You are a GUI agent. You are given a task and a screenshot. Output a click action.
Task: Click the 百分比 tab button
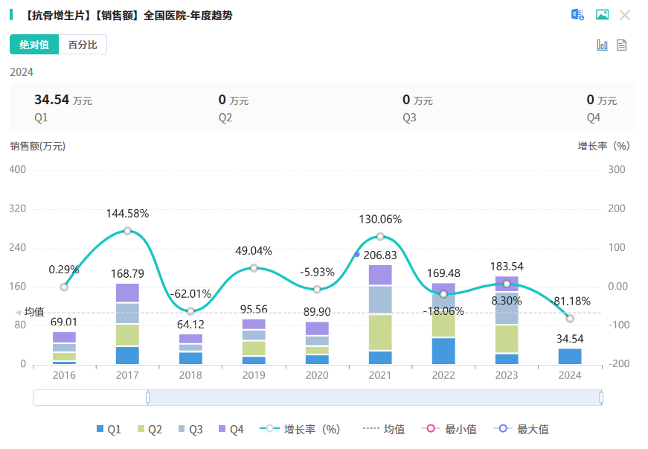click(x=83, y=45)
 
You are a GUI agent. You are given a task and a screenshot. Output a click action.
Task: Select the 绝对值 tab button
click(x=34, y=45)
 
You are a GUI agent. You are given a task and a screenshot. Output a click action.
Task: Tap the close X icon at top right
click(x=625, y=15)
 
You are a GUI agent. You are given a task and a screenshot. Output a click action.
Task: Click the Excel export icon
click(x=577, y=15)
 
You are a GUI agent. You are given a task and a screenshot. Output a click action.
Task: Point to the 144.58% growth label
click(x=127, y=214)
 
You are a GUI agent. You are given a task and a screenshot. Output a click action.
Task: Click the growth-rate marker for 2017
click(x=127, y=231)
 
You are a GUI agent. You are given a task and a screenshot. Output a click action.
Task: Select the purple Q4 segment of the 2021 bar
click(x=380, y=275)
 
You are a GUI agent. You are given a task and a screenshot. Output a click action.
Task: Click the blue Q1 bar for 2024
click(x=570, y=356)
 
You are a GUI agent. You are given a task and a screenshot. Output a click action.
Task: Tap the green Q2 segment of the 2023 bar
click(x=507, y=339)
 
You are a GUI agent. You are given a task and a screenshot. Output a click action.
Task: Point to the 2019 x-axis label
click(x=254, y=375)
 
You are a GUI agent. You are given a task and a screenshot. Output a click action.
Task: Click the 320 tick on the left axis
click(x=17, y=209)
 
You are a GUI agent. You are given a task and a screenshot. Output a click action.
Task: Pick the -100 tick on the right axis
click(x=620, y=325)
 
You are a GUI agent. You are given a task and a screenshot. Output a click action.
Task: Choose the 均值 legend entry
click(x=385, y=429)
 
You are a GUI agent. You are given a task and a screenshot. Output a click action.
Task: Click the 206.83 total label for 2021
click(x=380, y=255)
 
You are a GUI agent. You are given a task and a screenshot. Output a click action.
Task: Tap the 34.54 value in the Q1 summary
click(x=51, y=100)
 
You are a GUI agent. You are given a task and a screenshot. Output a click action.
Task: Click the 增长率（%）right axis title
click(x=603, y=146)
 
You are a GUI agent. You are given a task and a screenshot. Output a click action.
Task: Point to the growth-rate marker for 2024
click(x=570, y=319)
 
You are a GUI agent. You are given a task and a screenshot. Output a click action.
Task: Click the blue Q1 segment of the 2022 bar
click(x=443, y=351)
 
